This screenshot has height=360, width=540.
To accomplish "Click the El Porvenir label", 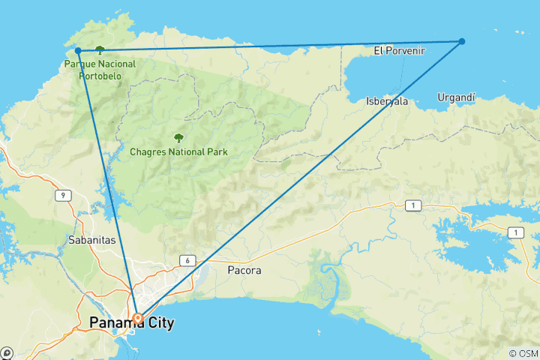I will [x=399, y=52].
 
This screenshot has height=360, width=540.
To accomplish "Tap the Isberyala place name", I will [x=387, y=101].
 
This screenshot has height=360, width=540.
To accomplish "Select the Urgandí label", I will [x=457, y=97].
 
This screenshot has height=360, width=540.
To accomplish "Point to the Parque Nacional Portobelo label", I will [x=100, y=70].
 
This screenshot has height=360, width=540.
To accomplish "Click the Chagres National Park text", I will [x=178, y=151].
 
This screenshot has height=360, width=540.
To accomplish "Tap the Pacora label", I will [x=244, y=270].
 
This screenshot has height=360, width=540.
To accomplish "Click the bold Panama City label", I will [x=131, y=324].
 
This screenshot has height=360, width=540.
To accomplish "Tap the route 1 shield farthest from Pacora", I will [x=514, y=233].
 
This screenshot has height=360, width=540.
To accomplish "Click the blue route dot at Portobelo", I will [x=78, y=51].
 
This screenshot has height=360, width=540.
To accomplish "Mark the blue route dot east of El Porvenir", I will [x=462, y=41].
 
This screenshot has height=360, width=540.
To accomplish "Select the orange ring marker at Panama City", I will [x=138, y=318].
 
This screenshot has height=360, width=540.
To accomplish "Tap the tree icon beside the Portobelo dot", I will [x=100, y=50].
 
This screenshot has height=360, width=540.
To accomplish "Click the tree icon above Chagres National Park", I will [x=178, y=137].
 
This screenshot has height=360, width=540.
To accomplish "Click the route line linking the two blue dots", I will [x=270, y=46].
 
